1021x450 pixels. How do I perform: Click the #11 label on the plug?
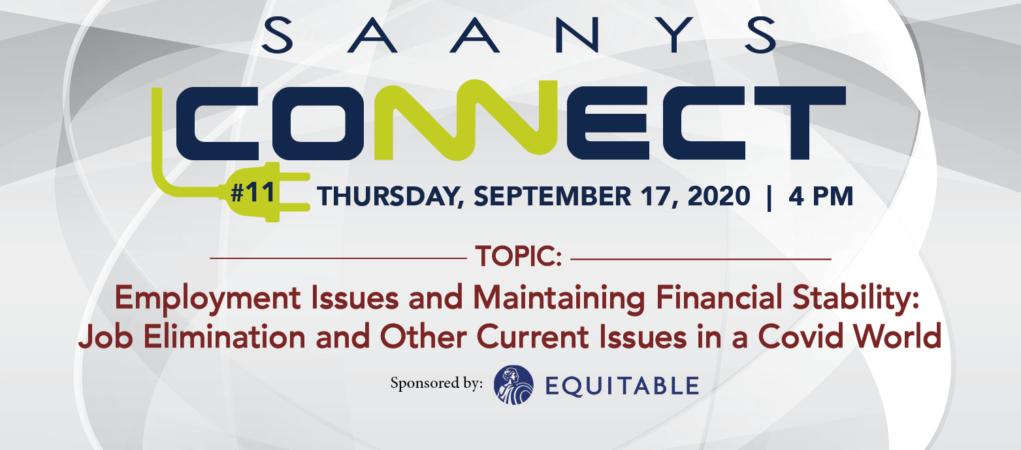pyautogui.click(x=253, y=192)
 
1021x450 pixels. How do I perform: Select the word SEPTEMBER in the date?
pyautogui.click(x=553, y=196)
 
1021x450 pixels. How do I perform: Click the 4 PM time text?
pyautogui.click(x=820, y=196)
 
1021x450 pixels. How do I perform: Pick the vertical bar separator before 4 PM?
pyautogui.click(x=770, y=197)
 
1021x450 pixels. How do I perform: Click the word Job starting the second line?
pyautogui.click(x=105, y=337)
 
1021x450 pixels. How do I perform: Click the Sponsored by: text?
pyautogui.click(x=436, y=383)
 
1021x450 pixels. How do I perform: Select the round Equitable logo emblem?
pyautogui.click(x=513, y=385)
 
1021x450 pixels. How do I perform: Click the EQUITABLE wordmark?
pyautogui.click(x=622, y=386)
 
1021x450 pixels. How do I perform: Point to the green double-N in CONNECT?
pyautogui.click(x=465, y=120)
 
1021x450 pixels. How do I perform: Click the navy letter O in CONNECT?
pyautogui.click(x=319, y=123)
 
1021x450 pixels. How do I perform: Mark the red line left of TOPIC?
pyautogui.click(x=338, y=258)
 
